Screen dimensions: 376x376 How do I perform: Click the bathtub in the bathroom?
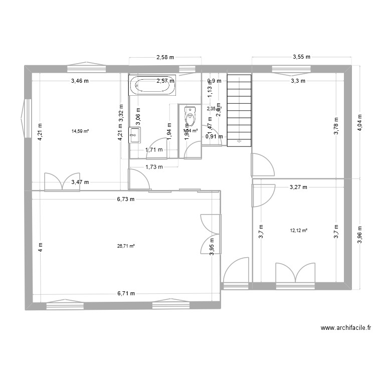[x=153, y=85]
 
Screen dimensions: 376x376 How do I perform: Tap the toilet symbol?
[x=190, y=116]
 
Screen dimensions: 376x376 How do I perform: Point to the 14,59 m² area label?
[x=80, y=131]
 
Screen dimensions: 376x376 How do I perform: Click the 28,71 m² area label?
[x=126, y=246]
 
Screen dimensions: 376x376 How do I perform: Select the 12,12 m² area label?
[x=298, y=231]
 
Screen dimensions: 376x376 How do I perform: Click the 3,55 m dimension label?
[x=301, y=57]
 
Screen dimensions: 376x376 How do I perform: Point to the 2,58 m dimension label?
[x=165, y=57]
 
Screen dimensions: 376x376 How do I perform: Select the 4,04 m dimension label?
[x=358, y=121]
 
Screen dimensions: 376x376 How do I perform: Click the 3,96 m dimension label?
[x=358, y=233]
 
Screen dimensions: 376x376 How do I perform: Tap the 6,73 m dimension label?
[x=126, y=199]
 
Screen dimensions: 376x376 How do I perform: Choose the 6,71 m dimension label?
[x=126, y=294]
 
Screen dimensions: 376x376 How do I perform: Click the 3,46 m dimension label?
[x=80, y=81]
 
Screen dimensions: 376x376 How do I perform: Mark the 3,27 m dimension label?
[x=298, y=187]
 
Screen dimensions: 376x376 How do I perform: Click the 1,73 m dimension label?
[x=153, y=167]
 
